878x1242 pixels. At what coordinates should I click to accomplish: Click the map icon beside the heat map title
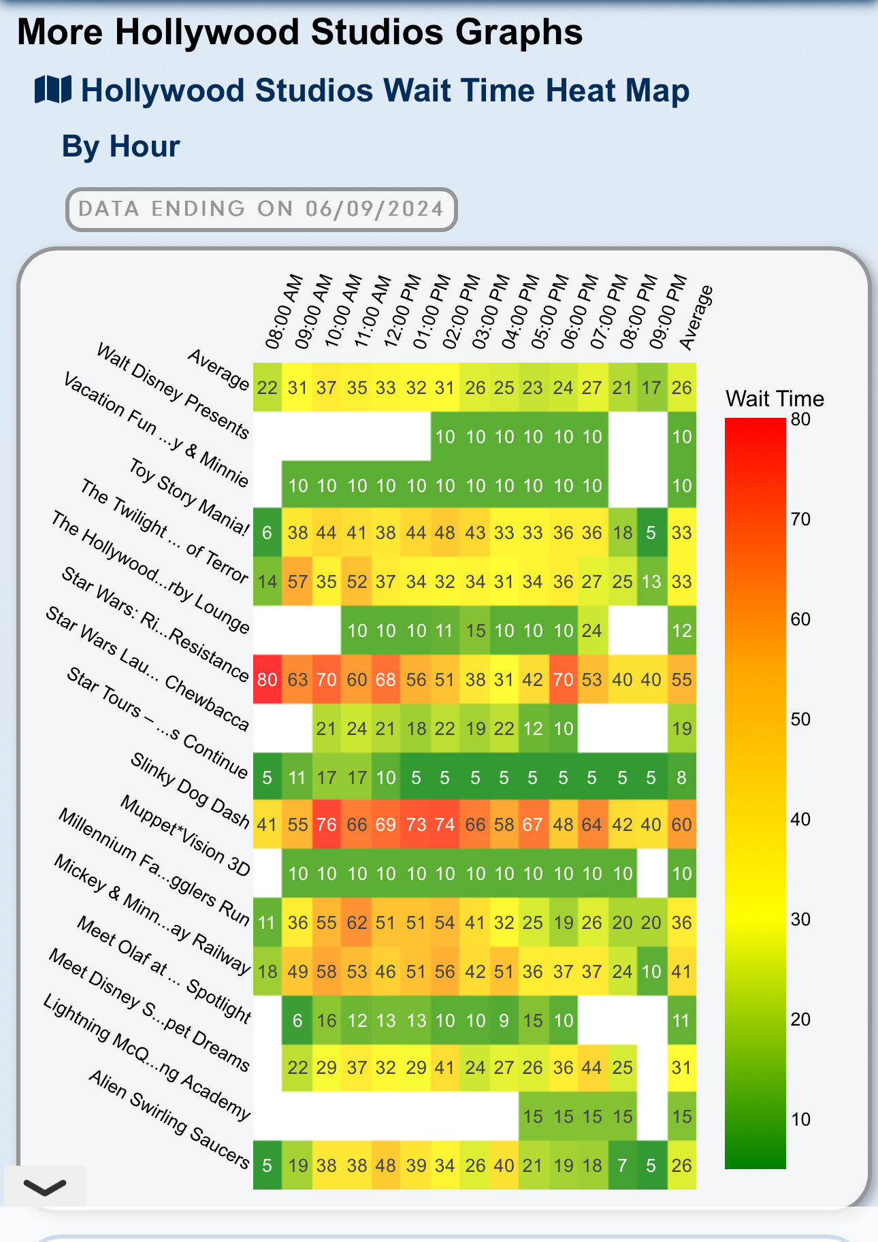tap(53, 90)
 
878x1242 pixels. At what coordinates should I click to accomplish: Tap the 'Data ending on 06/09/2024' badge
tap(261, 209)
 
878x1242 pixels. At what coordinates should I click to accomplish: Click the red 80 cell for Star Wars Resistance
tap(267, 679)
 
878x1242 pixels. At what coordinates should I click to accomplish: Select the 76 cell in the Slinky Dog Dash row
tap(327, 825)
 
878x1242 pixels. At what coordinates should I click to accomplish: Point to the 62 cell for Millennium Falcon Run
tap(357, 922)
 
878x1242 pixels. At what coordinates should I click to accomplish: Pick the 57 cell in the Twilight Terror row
tap(297, 582)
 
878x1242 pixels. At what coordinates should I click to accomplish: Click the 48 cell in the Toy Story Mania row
tap(445, 533)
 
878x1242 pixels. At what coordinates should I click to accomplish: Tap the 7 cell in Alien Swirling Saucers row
tap(622, 1166)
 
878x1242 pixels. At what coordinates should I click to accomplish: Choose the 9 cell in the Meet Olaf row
tap(504, 1020)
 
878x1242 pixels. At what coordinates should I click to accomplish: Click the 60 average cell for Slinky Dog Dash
tap(682, 825)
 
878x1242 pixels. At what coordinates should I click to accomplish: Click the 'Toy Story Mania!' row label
tap(189, 496)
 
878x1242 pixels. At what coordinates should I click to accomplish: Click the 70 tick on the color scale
tap(800, 519)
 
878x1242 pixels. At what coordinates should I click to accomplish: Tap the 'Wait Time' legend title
tap(775, 399)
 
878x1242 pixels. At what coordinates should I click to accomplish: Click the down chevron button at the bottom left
tap(45, 1188)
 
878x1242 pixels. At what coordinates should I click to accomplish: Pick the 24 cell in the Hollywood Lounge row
tap(592, 631)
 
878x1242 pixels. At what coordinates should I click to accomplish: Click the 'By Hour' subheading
tap(121, 146)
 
